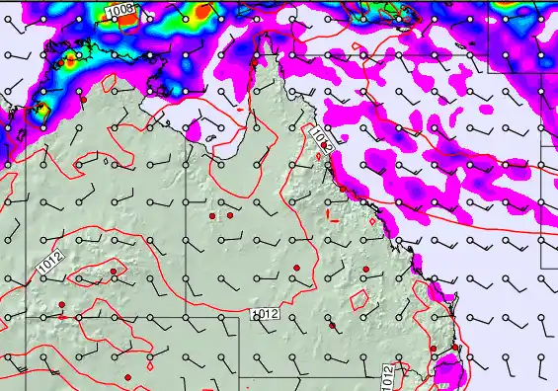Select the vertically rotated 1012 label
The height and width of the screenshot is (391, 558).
(388, 375)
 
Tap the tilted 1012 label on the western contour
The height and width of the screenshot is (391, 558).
(51, 263)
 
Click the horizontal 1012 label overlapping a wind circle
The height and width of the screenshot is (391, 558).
(266, 314)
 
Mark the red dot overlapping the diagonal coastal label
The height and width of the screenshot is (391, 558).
(325, 145)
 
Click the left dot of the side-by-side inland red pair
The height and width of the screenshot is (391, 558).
(212, 215)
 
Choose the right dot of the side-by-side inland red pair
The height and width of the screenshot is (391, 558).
(229, 214)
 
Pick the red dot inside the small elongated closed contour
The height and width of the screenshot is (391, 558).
(114, 271)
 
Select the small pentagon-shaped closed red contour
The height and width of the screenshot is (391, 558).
(360, 297)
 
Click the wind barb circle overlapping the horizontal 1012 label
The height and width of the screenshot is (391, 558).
(257, 315)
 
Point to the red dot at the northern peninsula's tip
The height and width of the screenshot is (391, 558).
(255, 61)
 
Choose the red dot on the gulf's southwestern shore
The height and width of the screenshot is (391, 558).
(87, 100)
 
